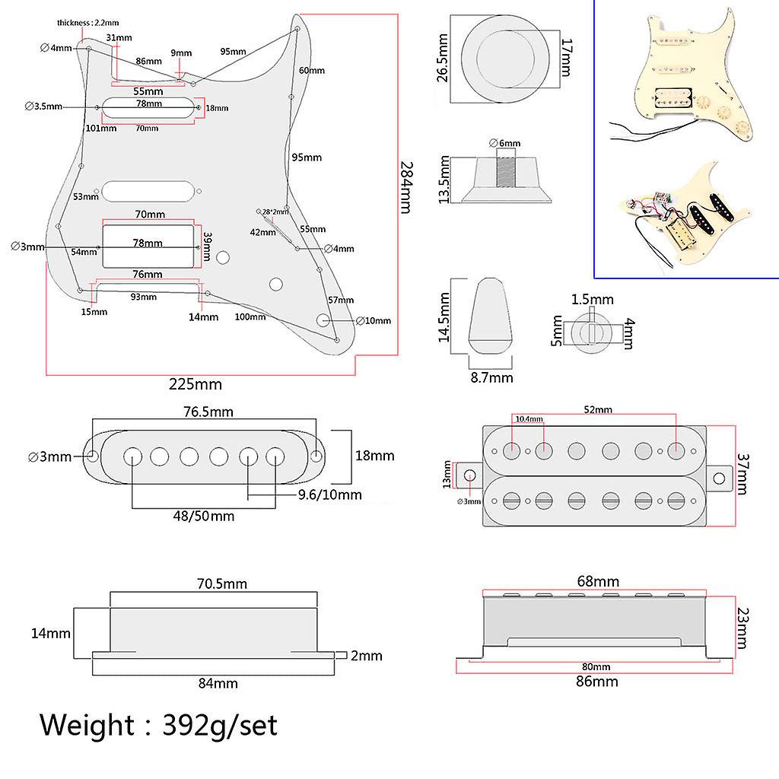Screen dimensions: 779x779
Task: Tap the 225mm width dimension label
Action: click(x=197, y=384)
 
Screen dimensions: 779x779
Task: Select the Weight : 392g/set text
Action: click(x=159, y=725)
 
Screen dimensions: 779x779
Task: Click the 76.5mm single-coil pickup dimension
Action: click(x=207, y=412)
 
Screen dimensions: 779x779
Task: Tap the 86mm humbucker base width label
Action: click(x=597, y=682)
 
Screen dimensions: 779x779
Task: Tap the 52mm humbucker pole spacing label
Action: click(x=598, y=409)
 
